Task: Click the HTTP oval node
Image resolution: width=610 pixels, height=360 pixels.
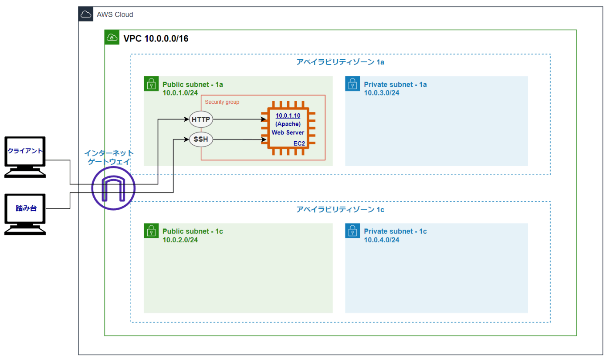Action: pos(201,119)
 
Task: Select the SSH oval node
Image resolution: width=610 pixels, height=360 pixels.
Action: pos(201,139)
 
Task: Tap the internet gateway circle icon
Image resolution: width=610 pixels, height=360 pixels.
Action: pos(113,188)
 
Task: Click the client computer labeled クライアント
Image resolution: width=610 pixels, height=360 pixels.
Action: pos(25,157)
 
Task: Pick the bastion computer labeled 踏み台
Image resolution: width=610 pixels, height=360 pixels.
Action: pos(25,214)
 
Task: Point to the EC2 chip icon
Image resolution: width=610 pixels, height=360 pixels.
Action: pos(288,128)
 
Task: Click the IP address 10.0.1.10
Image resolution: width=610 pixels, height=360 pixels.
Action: pos(288,115)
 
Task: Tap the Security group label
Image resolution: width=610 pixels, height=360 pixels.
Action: pos(222,102)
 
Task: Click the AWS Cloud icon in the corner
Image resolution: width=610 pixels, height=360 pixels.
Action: pos(86,14)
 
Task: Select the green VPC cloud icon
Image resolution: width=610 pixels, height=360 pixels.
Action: pos(112,37)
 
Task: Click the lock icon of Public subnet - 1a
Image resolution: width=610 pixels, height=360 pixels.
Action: pos(151,84)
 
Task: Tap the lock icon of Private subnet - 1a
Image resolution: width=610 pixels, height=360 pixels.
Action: pos(352,84)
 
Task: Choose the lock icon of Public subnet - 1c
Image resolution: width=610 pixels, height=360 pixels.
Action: pos(151,231)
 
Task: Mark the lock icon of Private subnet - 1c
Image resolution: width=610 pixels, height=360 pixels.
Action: pos(352,231)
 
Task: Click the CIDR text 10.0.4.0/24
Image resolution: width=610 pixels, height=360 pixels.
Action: pos(382,240)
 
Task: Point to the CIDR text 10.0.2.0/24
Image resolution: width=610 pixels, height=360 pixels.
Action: pos(180,240)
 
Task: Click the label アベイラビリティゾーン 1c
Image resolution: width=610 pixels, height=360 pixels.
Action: pos(340,209)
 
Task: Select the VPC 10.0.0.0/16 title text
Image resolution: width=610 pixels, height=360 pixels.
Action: pos(156,38)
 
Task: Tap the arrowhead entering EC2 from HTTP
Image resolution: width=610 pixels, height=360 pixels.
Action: pos(264,119)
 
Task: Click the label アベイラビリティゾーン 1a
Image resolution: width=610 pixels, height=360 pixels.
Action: pos(340,62)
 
